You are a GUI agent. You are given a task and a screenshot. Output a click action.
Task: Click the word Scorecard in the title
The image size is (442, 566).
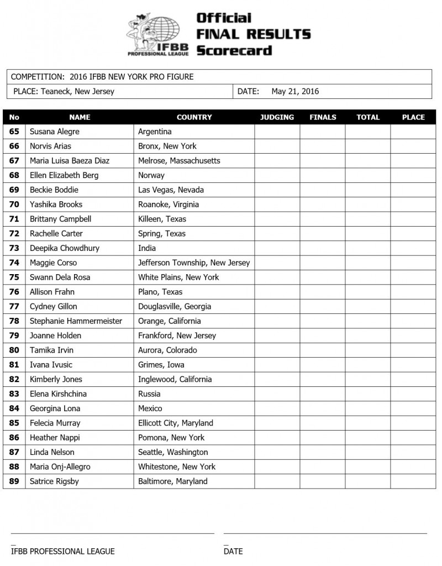point(234,50)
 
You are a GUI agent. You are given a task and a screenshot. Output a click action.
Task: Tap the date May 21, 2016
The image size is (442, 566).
point(295,92)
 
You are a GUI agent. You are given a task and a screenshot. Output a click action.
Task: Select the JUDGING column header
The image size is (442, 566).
point(277,117)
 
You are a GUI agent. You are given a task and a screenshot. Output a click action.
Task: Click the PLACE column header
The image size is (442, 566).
point(413,117)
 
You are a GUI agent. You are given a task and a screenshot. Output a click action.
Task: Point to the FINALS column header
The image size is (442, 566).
point(323,117)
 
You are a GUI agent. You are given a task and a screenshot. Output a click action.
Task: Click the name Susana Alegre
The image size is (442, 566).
point(55,132)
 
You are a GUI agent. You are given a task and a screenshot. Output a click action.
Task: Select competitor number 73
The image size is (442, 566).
point(14,248)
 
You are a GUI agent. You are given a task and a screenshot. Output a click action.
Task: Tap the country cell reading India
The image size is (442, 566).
point(147,248)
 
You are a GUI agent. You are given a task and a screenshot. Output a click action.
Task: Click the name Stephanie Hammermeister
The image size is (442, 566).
point(76,321)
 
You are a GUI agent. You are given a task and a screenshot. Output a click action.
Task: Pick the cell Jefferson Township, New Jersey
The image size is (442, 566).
point(194,263)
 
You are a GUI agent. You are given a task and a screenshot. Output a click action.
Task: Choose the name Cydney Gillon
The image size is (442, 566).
point(54,306)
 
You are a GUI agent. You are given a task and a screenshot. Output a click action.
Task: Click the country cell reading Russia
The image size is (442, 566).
point(149,394)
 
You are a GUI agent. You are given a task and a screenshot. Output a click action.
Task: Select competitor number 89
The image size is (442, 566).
point(14,481)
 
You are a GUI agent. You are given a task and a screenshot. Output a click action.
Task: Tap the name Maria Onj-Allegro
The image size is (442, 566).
point(60,467)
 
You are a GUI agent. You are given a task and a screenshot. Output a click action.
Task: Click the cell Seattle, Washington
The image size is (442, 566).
point(172,452)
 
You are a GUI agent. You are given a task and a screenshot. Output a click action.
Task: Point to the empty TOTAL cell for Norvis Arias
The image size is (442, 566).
point(367,146)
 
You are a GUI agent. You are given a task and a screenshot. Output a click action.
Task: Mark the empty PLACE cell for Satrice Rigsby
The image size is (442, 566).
point(413,481)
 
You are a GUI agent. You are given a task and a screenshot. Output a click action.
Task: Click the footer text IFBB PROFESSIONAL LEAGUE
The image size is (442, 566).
point(63,551)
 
